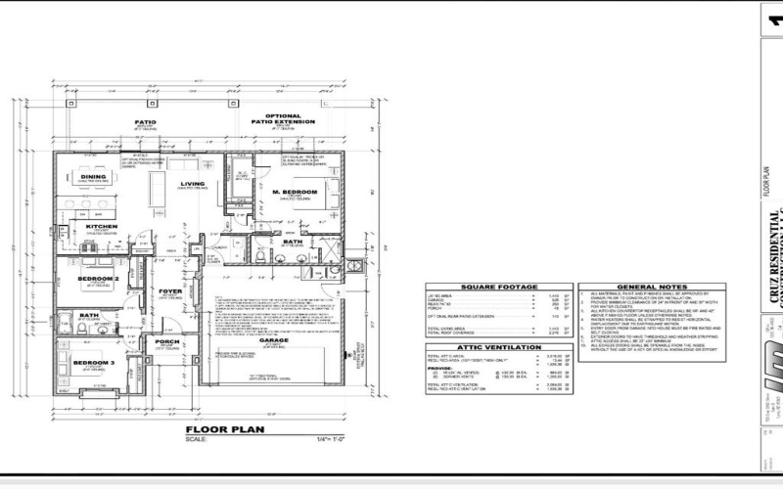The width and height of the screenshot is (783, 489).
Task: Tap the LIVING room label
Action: coord(192,183)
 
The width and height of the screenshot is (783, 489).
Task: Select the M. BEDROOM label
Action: coord(295,192)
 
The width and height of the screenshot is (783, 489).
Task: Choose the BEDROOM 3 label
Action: coord(93,363)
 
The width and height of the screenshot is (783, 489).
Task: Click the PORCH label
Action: coord(163,342)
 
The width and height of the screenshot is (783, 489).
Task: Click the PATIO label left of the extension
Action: coord(145,123)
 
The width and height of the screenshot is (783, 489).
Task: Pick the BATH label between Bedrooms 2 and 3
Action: coord(89,315)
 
